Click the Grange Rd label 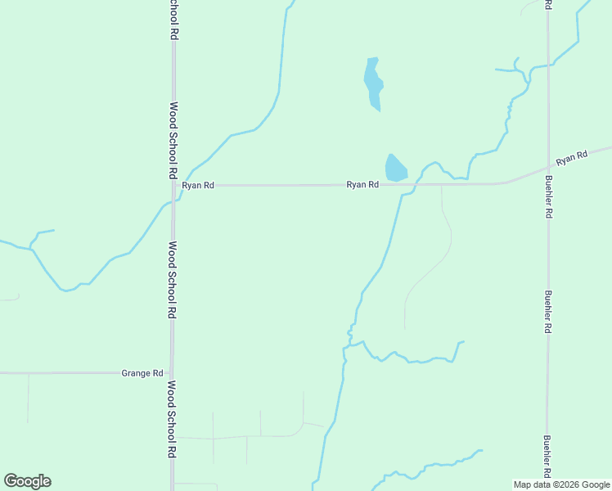point(142,373)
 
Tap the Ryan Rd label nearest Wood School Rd point(198,186)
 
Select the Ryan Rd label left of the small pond point(362,185)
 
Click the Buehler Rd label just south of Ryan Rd point(547,198)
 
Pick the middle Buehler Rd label point(547,312)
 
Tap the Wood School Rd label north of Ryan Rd point(173,141)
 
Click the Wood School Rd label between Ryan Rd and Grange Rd point(173,280)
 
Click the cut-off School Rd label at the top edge point(174,20)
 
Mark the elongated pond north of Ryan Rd point(373,83)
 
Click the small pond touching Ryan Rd point(395,168)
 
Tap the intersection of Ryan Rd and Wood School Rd point(173,186)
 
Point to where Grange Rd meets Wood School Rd point(173,373)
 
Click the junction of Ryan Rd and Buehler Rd point(547,169)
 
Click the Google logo point(28,481)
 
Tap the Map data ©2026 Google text point(561,484)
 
